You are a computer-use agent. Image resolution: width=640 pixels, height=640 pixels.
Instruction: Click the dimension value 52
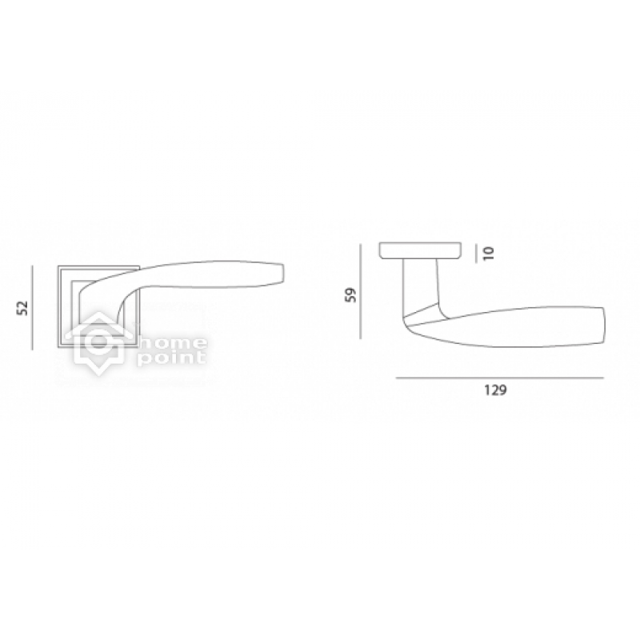coord(23,307)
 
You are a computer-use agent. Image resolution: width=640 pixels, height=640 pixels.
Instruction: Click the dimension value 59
coord(350,294)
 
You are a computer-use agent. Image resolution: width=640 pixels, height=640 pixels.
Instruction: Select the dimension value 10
coord(489,253)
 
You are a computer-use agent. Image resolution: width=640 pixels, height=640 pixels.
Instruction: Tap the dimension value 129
coord(495,390)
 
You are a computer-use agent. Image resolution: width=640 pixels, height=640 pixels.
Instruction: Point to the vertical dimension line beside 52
coord(32,307)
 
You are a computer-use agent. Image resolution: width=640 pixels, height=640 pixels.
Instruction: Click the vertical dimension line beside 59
coord(361,291)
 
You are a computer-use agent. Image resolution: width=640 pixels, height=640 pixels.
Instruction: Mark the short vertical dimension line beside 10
coord(476,253)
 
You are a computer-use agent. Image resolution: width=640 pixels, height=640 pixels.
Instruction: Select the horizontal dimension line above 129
coord(499,378)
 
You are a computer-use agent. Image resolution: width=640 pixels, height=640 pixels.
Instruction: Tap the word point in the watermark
coord(171,358)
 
